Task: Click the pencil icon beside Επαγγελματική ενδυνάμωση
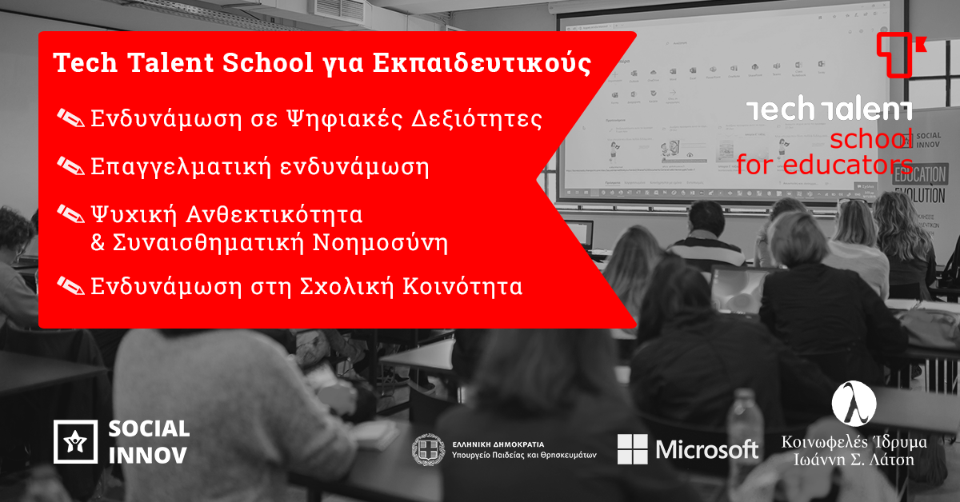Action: point(70,167)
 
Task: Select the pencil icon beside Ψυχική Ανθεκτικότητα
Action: point(70,214)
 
